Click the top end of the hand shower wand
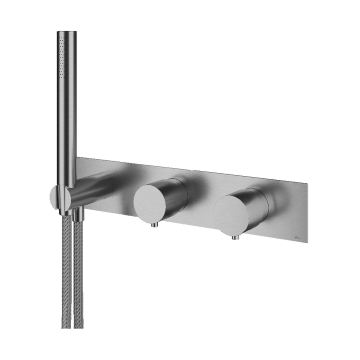[x=66, y=32]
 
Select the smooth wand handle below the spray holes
[x=66, y=125]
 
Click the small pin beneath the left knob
[x=154, y=226]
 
